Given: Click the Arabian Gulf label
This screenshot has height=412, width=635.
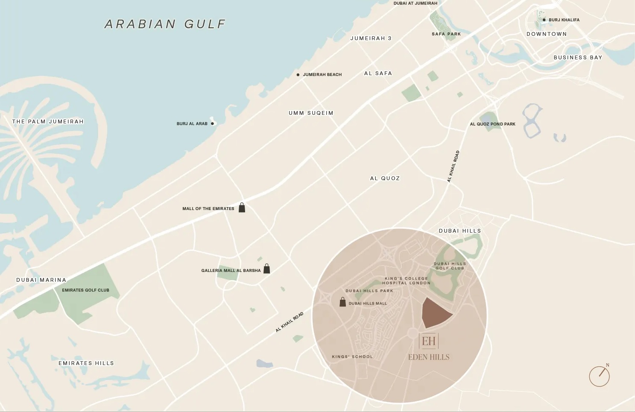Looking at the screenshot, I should pos(165,24).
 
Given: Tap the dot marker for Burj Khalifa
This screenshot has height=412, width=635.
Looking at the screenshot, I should pos(544,20).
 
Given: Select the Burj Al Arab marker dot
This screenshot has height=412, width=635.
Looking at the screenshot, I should pos(212,124).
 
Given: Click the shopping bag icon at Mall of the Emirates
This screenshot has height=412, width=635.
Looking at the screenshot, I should pos(242,208).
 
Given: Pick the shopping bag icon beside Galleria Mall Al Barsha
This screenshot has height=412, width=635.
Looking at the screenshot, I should pos(266,269).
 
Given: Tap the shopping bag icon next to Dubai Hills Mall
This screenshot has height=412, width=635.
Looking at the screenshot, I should pos(342,302).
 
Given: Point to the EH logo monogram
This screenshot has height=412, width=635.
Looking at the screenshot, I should pos(429,341).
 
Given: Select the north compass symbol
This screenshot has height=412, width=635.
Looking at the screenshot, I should pos(600,376).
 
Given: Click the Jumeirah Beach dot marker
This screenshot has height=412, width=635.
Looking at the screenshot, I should pos(298,75).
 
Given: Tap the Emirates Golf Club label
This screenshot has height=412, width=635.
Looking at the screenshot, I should pos(85,290).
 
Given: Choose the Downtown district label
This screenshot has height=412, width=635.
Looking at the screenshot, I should pos(547,34).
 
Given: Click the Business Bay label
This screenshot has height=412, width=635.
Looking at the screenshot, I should pos(578,58).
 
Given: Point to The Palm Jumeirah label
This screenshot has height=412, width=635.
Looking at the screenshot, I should pos(48,122).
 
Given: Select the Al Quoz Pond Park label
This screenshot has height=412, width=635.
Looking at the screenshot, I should pos(492,124).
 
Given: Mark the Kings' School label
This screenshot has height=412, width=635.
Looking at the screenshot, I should pos(352,357).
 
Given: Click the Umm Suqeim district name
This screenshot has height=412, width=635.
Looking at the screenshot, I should pos(311,113).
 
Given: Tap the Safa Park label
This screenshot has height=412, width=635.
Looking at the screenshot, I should pos(446,34).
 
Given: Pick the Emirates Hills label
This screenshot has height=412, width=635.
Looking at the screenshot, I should pos(86,363).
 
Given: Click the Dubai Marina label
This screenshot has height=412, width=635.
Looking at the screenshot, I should pos(41,280).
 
